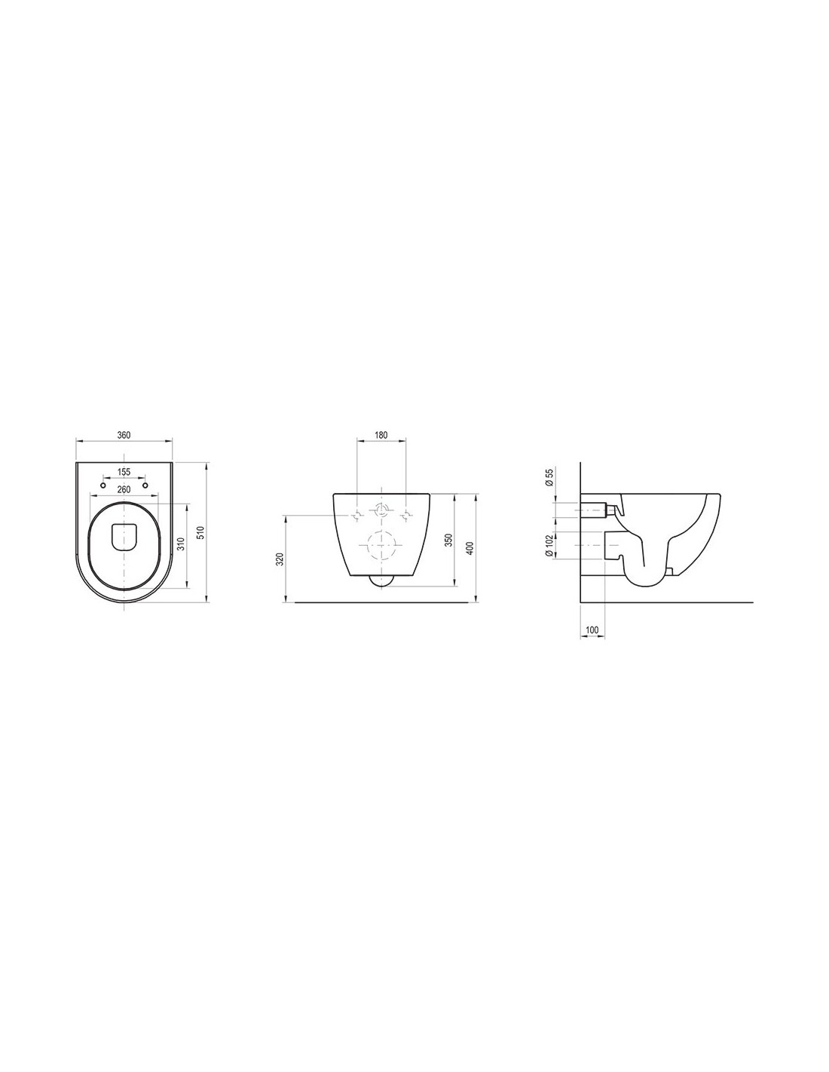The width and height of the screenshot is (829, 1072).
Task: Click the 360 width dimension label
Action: [x=124, y=435]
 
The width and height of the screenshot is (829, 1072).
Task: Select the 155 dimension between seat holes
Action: [x=124, y=472]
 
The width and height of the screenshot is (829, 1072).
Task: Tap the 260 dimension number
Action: [x=124, y=489]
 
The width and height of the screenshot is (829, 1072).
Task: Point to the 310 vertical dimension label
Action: [x=182, y=544]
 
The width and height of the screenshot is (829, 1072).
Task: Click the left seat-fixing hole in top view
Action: [x=102, y=486]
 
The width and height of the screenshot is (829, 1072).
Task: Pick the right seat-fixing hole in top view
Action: [x=145, y=486]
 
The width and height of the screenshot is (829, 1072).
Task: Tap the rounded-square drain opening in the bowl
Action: [x=124, y=536]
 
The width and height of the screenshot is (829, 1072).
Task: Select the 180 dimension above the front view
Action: [x=381, y=435]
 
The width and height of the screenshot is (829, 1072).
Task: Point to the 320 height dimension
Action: [x=280, y=559]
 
